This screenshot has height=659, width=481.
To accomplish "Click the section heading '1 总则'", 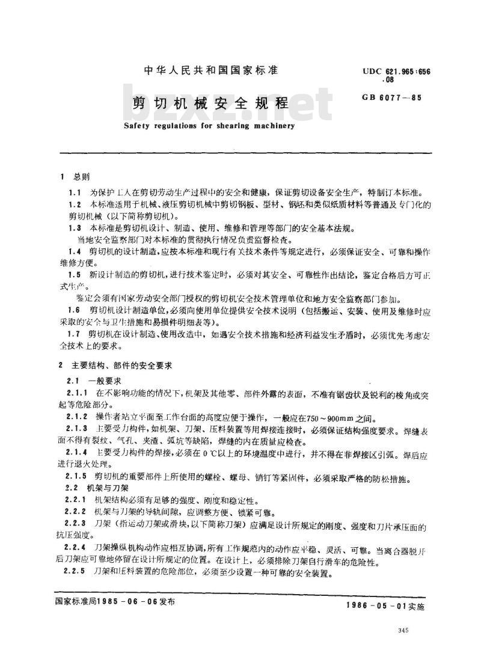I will (x=75, y=177).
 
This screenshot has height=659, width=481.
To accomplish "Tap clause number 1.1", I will (x=75, y=192).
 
